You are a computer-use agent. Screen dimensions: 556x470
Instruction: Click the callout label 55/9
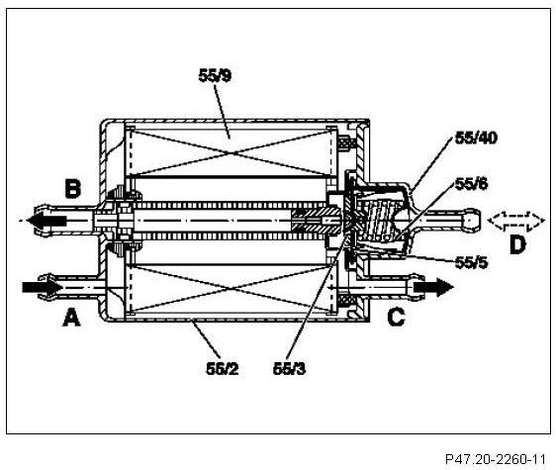pos(215,75)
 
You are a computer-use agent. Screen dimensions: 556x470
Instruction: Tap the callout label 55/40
pos(476,138)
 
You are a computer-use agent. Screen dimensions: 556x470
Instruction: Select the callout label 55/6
pos(471,184)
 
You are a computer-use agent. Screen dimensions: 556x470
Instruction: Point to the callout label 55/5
pos(471,263)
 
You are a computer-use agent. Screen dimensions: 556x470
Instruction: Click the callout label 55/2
pos(223,369)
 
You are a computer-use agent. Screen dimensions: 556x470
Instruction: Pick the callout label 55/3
pos(289,369)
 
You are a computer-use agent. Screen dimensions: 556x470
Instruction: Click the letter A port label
pos(71,317)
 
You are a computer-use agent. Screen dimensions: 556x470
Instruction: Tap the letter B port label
pos(72,189)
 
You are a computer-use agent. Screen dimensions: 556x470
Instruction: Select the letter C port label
pos(396,317)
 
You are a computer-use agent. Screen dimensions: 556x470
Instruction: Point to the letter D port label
pos(517,244)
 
